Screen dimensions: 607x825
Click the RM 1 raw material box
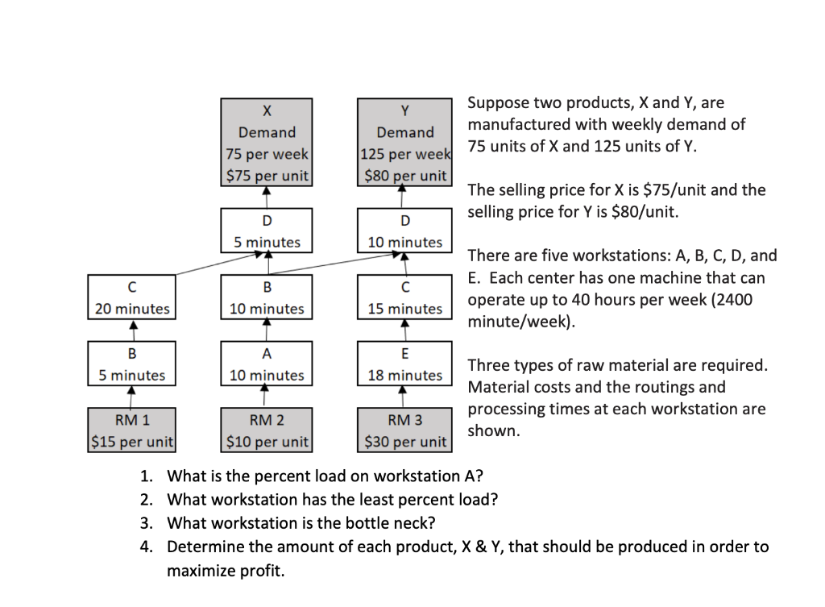click(132, 430)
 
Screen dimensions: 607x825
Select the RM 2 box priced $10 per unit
click(267, 430)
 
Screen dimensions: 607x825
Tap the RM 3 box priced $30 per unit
click(404, 430)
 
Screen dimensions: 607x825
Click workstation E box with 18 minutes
click(404, 364)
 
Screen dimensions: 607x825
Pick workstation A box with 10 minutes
click(267, 364)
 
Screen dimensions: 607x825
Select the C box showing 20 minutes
click(132, 297)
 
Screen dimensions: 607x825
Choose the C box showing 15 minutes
click(404, 297)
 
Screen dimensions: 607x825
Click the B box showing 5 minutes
click(132, 364)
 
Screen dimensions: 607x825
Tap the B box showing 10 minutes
click(267, 297)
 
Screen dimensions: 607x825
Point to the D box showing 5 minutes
click(267, 231)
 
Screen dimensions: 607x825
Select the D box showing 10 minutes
click(404, 231)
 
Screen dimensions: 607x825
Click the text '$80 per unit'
click(405, 176)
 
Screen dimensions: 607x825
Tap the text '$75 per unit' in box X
click(267, 176)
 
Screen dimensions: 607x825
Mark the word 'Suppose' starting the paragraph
click(499, 103)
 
